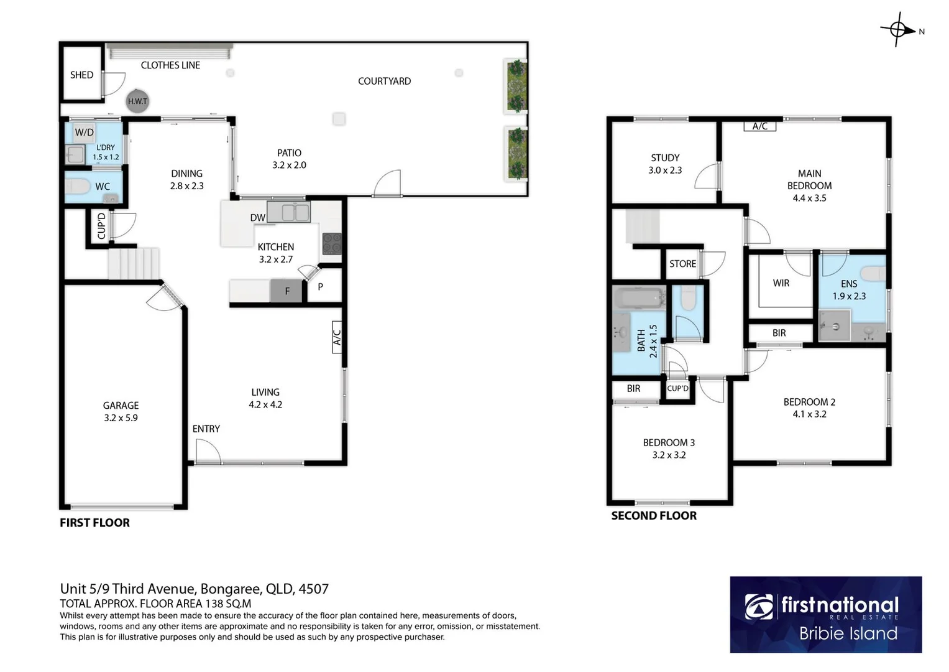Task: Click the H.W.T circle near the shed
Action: (x=137, y=101)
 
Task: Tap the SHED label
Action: (x=81, y=75)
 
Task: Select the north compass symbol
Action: (x=899, y=29)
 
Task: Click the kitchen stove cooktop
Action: (x=332, y=243)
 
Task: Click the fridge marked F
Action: (x=287, y=291)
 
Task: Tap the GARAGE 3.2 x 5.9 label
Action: (x=121, y=411)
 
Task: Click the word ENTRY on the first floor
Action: (x=206, y=429)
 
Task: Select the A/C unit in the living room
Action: (x=337, y=337)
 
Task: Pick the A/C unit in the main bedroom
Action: (x=759, y=126)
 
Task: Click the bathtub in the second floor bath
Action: (x=639, y=298)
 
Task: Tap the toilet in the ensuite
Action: (x=873, y=273)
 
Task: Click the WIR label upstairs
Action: (x=781, y=283)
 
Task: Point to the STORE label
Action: (x=682, y=264)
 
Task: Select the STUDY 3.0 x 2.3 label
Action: (x=665, y=164)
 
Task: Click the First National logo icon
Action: (x=759, y=607)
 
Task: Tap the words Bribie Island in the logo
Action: (x=848, y=633)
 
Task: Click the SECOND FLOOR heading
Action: (x=654, y=516)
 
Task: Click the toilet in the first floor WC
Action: (x=77, y=186)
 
